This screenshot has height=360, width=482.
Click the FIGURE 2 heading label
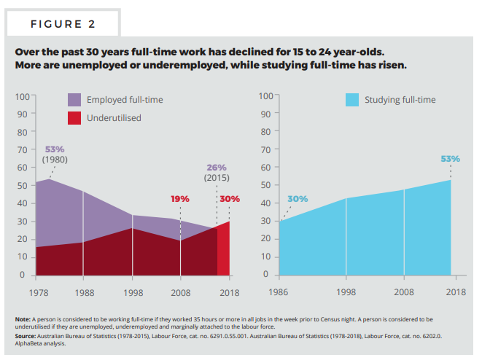click(x=63, y=24)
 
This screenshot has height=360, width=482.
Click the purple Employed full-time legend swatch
click(x=75, y=100)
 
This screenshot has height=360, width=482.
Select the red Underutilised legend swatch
click(x=75, y=117)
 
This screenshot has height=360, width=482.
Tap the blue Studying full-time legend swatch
click(x=354, y=100)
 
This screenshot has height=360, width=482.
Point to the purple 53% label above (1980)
click(x=55, y=149)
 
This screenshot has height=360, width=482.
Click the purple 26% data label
click(x=217, y=167)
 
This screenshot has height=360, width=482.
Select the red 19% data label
click(x=179, y=198)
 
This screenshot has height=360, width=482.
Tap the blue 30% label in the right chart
click(x=298, y=198)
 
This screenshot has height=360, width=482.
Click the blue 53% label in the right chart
click(x=451, y=158)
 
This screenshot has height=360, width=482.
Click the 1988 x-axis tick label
click(x=83, y=292)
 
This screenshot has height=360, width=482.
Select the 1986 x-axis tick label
click(x=279, y=292)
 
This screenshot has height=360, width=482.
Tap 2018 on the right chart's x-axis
click(x=456, y=292)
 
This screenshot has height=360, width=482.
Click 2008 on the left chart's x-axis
click(x=180, y=292)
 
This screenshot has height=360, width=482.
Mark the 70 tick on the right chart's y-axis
click(x=265, y=149)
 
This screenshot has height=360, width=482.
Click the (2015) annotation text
click(x=217, y=177)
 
